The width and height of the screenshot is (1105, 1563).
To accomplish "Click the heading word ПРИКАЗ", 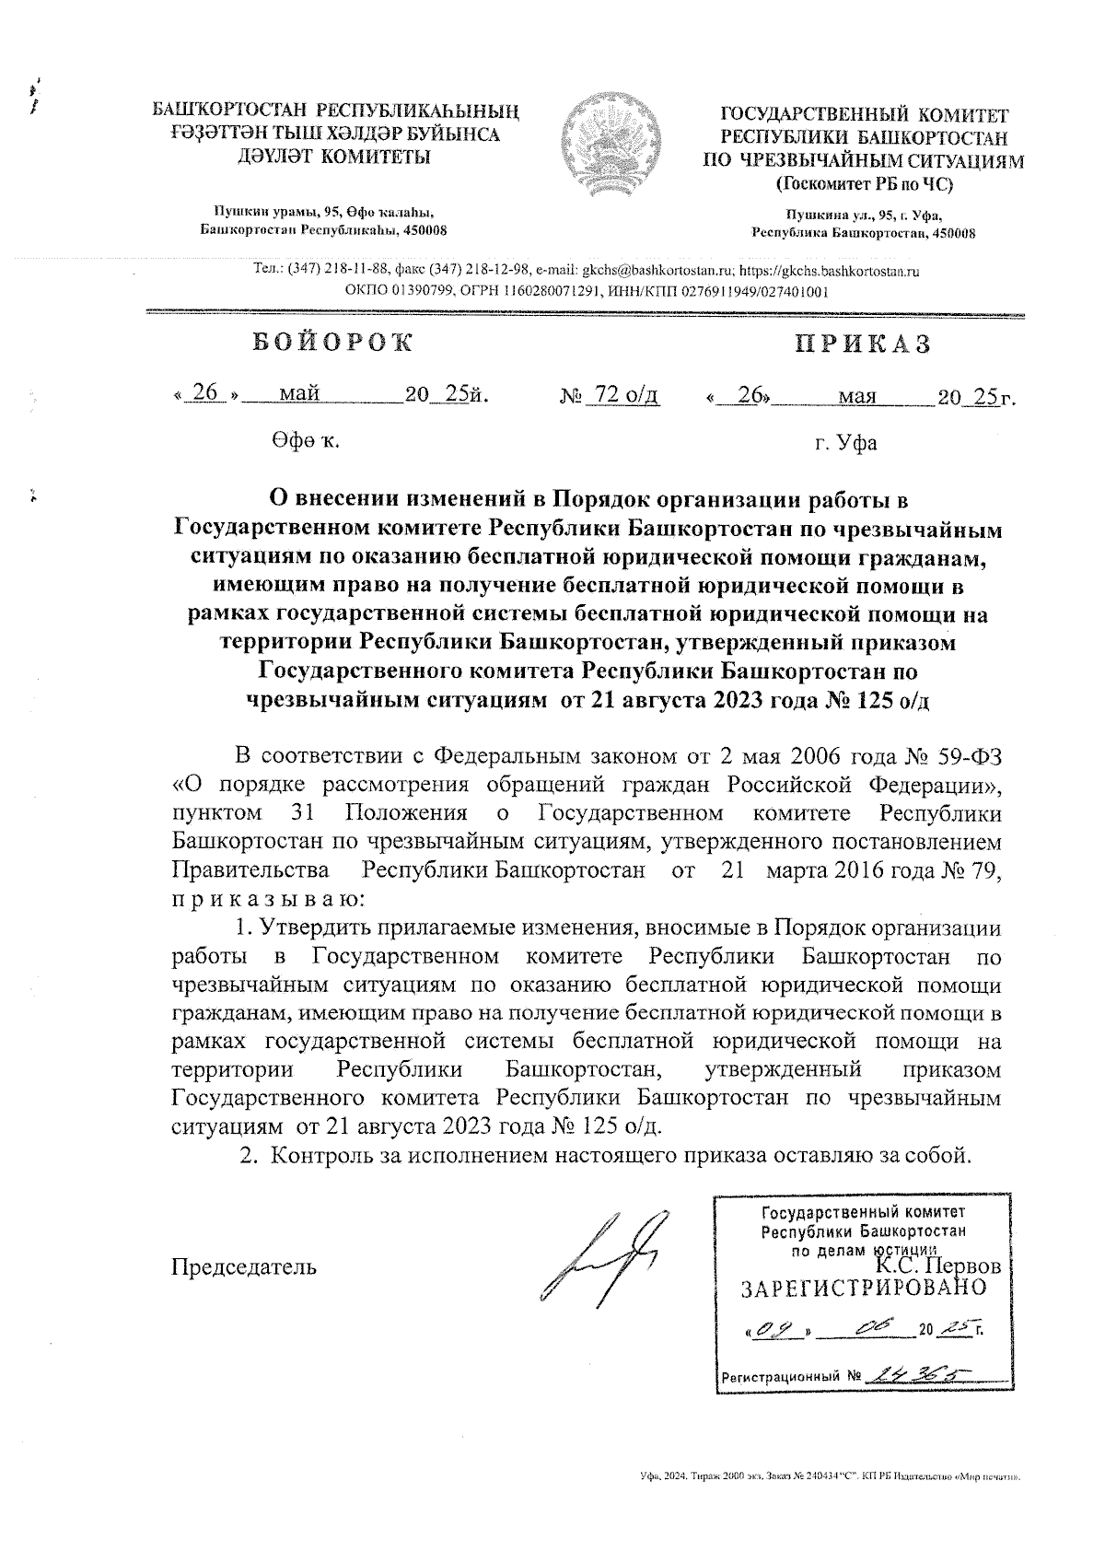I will pyautogui.click(x=863, y=344).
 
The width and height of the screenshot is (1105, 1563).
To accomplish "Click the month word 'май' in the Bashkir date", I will pyautogui.click(x=299, y=395).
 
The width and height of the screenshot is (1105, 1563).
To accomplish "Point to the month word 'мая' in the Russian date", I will pyautogui.click(x=856, y=398).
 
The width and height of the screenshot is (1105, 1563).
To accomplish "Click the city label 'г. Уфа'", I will pyautogui.click(x=844, y=444).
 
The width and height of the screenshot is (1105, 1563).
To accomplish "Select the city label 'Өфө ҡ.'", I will pyautogui.click(x=305, y=441).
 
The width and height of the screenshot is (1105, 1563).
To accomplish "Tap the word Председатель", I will pyautogui.click(x=245, y=1266).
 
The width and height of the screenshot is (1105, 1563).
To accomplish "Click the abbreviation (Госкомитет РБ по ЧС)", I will pyautogui.click(x=864, y=183).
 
